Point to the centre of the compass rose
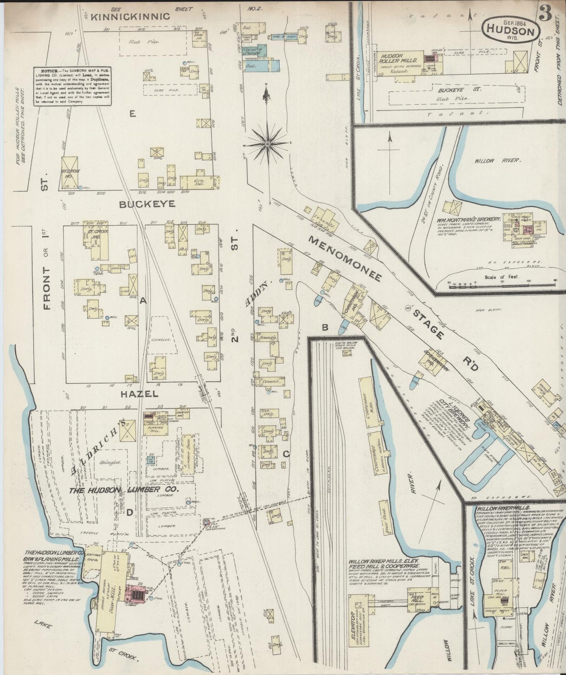pos(267,145)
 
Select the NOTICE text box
pos(72,85)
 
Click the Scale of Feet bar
pos(501,282)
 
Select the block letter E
pos(133,114)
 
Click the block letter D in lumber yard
pos(129,512)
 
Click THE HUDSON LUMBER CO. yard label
pos(124,490)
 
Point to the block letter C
pos(286,454)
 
